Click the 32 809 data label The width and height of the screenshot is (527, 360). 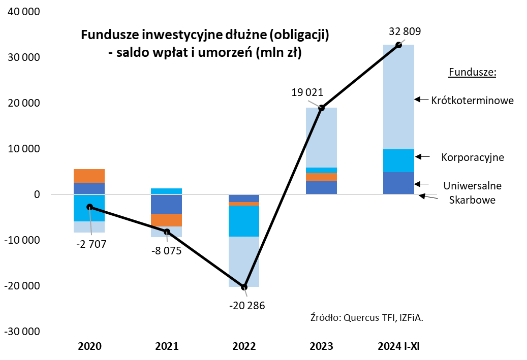(405, 31)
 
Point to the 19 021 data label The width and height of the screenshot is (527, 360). (307, 93)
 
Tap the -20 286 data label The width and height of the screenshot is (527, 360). (247, 306)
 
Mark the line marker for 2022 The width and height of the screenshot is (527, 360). (244, 287)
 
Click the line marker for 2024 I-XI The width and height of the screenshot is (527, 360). (398, 45)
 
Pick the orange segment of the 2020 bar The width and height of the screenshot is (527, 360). (89, 176)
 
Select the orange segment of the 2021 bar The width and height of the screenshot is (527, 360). (167, 220)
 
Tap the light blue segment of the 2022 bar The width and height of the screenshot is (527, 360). (244, 261)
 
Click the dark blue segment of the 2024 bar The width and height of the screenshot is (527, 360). (398, 183)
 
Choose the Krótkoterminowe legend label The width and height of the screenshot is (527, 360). (472, 101)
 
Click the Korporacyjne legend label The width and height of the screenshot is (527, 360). (473, 157)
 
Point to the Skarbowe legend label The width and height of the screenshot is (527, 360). (473, 200)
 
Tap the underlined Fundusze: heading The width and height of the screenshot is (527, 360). (472, 73)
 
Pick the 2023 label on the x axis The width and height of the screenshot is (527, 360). (321, 347)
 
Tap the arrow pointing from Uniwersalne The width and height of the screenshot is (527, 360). (422, 184)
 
